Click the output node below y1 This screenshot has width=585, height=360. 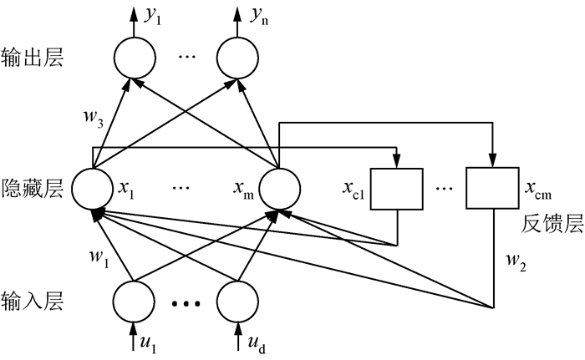[134, 58]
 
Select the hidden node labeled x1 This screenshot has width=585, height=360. [92, 189]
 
